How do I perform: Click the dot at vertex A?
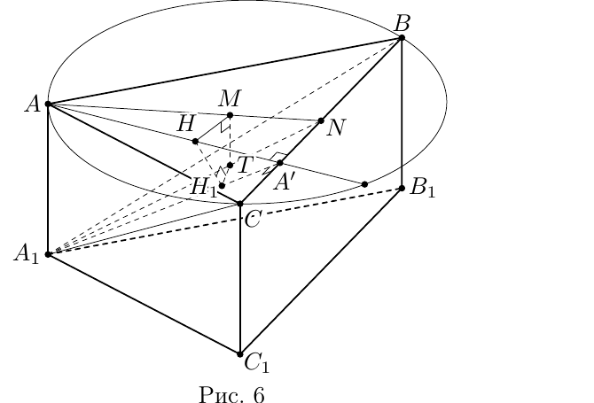coord(48,104)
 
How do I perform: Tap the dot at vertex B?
coord(402,37)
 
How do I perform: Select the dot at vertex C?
coord(239,204)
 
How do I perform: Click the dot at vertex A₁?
coord(48,254)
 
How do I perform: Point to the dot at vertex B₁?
coord(402,188)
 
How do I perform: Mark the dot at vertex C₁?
coord(239,354)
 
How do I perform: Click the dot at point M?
coord(230,115)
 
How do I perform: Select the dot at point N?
coord(321,120)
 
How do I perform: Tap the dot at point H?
coord(195,142)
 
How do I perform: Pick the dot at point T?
coord(230,165)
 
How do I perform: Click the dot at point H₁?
coord(222,185)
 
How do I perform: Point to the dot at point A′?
coord(280,163)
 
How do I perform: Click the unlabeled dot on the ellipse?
coord(364,184)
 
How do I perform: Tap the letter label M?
coord(230,99)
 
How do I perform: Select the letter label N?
coord(336,128)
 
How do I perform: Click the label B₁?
coord(423,187)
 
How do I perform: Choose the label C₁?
coord(257,363)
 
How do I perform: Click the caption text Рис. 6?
coord(231,394)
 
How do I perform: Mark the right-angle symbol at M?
coord(225,127)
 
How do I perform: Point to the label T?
coord(245,165)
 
